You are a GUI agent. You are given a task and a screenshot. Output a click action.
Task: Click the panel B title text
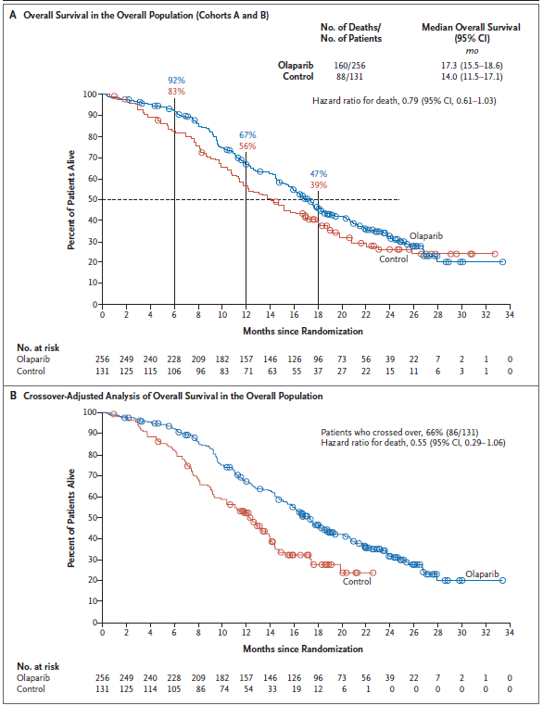171,396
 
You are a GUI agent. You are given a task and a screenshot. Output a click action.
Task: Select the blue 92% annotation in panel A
176,81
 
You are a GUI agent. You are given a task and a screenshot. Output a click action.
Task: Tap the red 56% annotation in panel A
247,146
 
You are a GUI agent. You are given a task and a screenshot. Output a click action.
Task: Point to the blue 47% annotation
318,173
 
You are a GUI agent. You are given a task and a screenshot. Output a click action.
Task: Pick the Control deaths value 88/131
350,78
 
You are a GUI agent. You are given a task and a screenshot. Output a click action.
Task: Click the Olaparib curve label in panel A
426,237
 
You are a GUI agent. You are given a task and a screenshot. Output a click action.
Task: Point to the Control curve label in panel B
357,582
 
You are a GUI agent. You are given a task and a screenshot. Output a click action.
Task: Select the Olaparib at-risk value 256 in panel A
103,357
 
